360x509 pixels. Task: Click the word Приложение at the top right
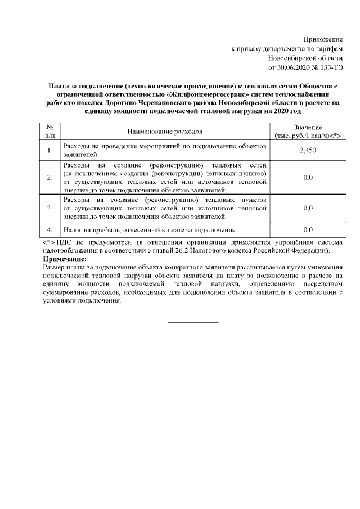tap(323, 39)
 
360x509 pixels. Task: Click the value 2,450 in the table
tap(308, 150)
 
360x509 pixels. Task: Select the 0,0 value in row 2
tap(308, 178)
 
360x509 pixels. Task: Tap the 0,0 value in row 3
tap(308, 208)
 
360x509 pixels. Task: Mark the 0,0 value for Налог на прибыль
tap(308, 230)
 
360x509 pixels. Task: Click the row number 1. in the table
tap(49, 150)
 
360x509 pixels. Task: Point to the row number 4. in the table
tap(49, 230)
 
